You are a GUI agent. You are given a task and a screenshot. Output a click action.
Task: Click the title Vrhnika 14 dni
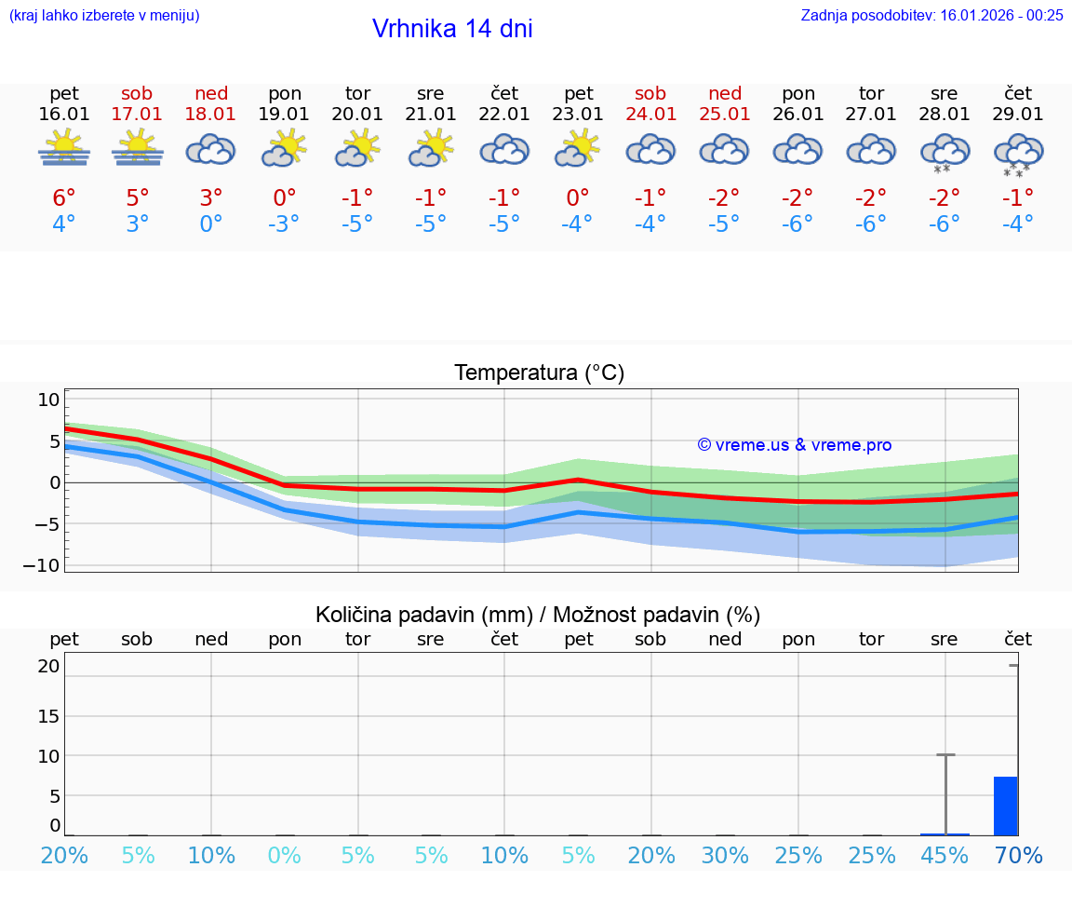coord(452,29)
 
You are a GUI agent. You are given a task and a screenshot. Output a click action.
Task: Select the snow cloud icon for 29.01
coord(1018,153)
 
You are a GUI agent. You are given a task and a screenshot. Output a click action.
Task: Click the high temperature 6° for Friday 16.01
coord(64,198)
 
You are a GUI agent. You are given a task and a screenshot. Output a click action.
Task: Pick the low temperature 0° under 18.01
coord(211,224)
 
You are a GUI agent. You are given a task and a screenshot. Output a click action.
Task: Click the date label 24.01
coord(650,115)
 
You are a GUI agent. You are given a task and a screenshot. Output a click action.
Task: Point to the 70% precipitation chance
coord(1018,856)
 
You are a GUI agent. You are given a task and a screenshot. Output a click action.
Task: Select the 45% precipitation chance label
coord(945,856)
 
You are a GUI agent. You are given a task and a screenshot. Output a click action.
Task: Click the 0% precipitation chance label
coord(285,856)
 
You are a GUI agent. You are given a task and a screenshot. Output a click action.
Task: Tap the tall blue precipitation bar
coord(1005,806)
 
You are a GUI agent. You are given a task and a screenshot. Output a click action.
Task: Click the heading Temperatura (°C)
coord(539,373)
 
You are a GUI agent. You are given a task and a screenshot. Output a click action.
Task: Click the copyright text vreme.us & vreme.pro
coord(794,445)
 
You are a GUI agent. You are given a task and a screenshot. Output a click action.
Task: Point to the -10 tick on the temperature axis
coord(48,565)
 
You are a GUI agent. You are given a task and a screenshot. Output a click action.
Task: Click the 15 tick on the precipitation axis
coord(48,716)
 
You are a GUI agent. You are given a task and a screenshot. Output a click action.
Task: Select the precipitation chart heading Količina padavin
coord(538,615)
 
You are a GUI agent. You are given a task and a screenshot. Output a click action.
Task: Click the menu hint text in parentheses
coord(103,15)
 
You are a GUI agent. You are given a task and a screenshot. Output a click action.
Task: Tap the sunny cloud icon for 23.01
coord(577,149)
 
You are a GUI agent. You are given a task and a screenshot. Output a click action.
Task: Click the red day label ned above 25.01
coord(725,93)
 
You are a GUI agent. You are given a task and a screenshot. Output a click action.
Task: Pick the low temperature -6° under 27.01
coord(871,224)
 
